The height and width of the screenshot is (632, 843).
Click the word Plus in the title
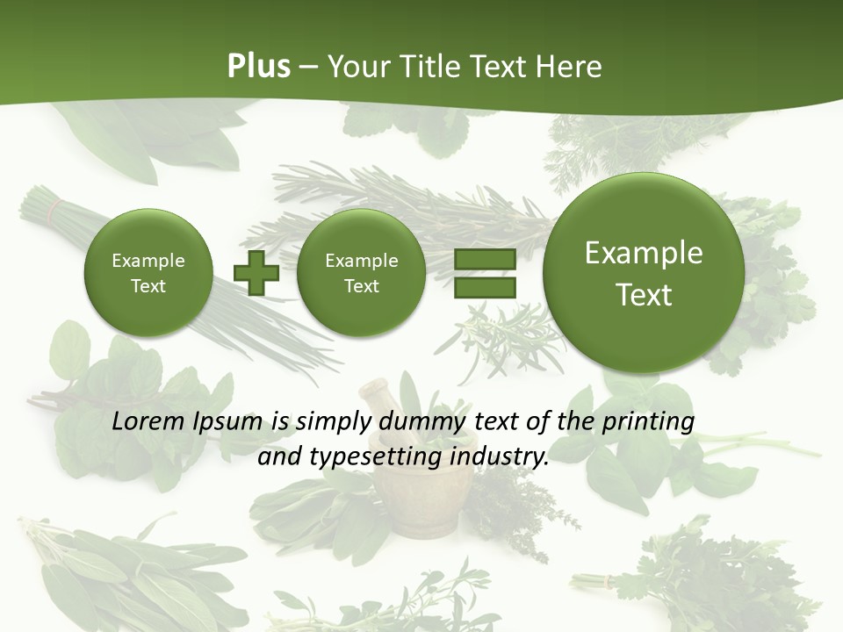[x=258, y=67]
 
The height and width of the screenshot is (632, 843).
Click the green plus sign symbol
[x=256, y=274]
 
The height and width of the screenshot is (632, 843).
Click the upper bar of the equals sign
[x=485, y=260]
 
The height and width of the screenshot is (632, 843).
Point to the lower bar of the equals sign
[x=485, y=288]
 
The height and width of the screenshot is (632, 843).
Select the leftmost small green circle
[x=148, y=273]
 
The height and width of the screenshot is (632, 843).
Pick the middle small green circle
[x=361, y=273]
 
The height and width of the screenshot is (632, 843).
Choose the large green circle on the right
[x=644, y=273]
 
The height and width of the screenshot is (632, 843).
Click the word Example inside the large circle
[x=644, y=253]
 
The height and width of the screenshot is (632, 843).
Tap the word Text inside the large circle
[x=644, y=295]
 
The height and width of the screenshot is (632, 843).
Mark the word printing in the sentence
[x=646, y=423]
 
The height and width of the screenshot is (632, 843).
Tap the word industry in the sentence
[x=503, y=457]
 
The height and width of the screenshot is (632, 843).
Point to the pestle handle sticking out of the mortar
[x=378, y=399]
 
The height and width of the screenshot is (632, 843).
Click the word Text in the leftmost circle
[x=148, y=286]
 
